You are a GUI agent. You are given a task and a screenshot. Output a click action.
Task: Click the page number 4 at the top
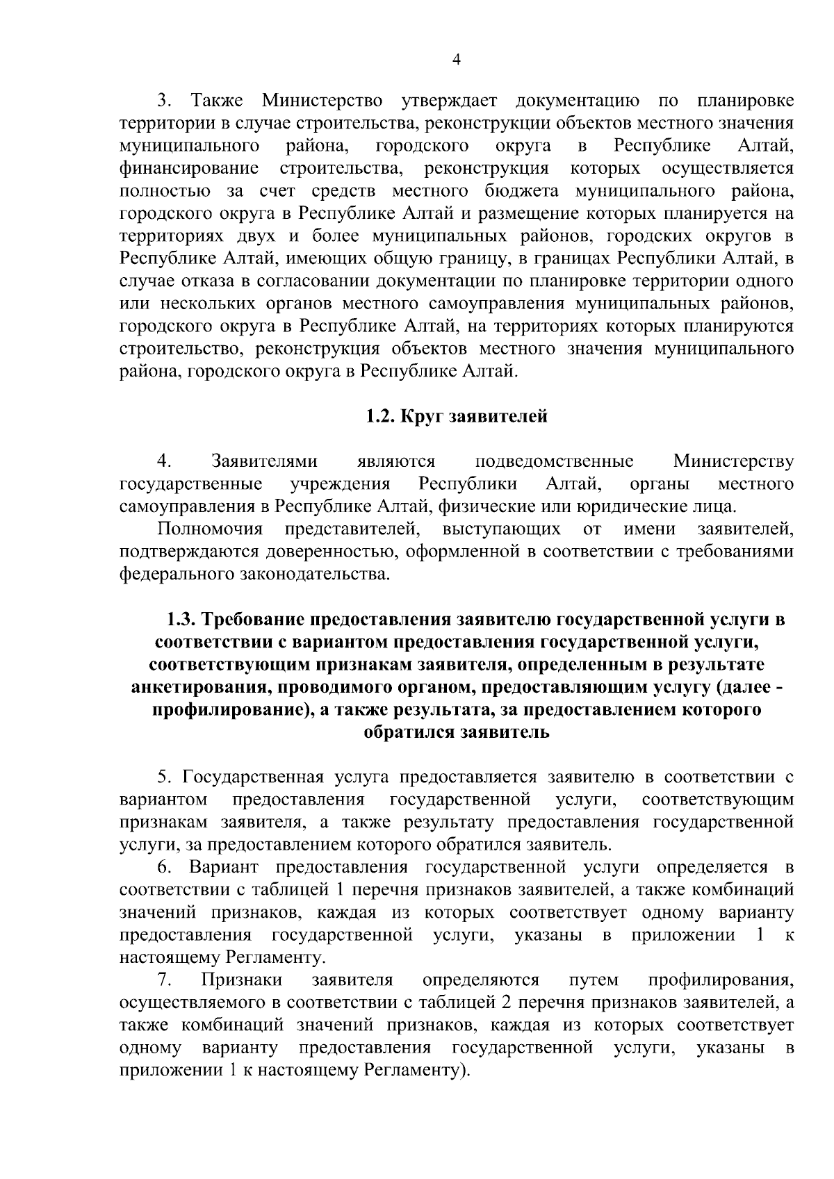tap(456, 60)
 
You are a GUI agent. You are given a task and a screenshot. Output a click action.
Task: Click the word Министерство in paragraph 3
tap(322, 101)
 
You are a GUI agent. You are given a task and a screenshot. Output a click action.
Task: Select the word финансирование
tap(190, 168)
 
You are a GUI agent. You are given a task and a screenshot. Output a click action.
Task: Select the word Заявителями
tap(263, 461)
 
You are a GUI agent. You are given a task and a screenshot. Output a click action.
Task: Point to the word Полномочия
tap(210, 529)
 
